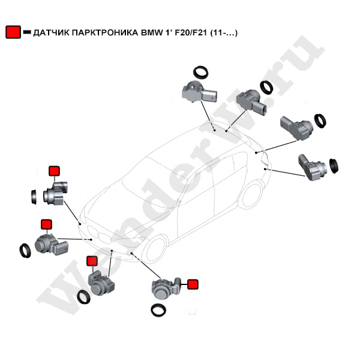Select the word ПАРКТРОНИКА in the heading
coord(106,34)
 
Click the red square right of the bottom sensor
coord(193,284)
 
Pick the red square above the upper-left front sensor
coord(54,171)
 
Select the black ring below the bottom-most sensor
coord(158,310)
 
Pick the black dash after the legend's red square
coord(26,34)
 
